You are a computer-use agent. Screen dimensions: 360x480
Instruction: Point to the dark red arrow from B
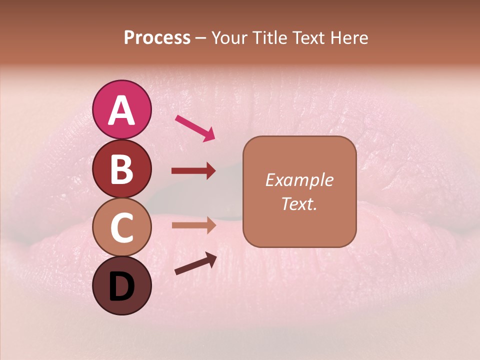pos(193,171)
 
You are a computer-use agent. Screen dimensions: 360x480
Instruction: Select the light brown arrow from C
pos(193,225)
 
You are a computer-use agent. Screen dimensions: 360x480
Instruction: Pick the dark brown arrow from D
pos(195,263)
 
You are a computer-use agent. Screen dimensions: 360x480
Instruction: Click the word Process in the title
pos(157,38)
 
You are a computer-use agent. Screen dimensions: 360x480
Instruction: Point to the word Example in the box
pos(299,180)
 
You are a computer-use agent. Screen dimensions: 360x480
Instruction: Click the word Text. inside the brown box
pos(299,203)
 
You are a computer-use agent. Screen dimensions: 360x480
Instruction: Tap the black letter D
pos(122,287)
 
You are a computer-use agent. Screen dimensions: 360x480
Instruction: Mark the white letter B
pos(122,169)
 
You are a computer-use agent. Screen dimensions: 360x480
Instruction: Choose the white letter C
pos(122,228)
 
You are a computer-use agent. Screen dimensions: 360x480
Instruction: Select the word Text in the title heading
pos(307,38)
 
